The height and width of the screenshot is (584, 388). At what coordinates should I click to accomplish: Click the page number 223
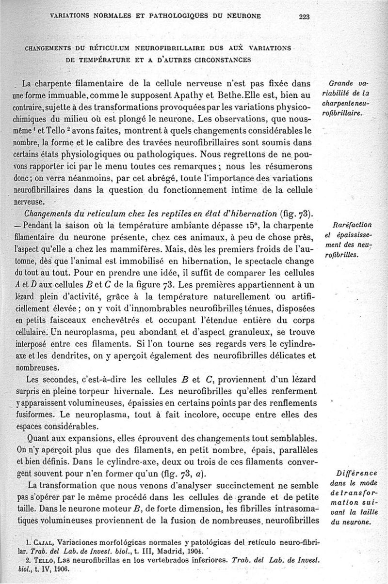(x=305, y=16)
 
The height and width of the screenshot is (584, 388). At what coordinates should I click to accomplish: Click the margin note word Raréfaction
(x=353, y=225)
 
